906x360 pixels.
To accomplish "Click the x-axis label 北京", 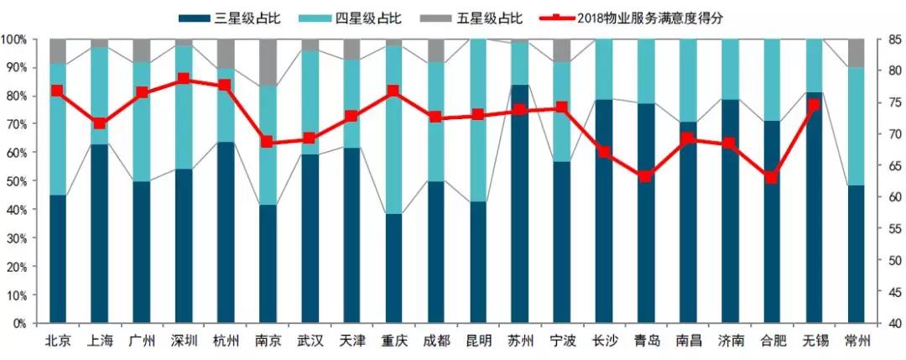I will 58,341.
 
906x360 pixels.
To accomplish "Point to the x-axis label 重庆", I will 394,341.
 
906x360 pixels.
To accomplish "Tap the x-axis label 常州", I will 857,341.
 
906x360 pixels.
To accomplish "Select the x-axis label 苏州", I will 520,341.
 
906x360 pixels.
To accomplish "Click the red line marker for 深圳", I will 184,79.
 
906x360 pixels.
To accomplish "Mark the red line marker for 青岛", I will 645,176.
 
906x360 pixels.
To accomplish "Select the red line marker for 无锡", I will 813,105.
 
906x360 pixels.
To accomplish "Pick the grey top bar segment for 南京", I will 268,62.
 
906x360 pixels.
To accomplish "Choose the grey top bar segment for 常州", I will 857,53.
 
